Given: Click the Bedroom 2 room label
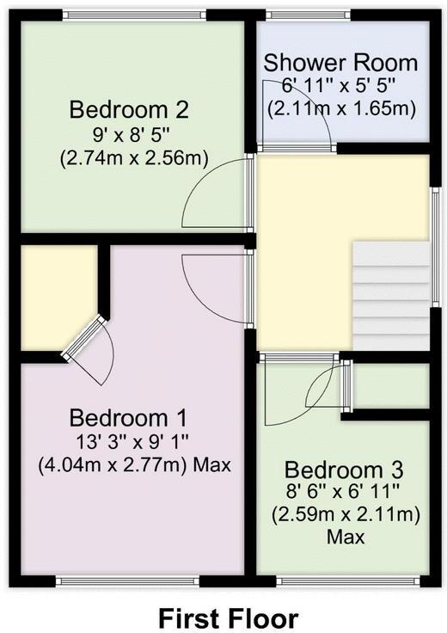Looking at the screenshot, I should coord(129,110).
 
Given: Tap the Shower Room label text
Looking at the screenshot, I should coord(340,63).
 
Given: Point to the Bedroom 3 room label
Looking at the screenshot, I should coord(344,470).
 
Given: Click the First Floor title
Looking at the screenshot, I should coord(228,617).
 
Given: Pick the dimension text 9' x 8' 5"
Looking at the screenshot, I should coord(129,135).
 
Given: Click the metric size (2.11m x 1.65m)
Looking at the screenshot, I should coord(341,109).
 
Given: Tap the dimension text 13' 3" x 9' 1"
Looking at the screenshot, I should coord(129,442).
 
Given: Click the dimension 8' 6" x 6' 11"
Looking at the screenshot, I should coord(344,494).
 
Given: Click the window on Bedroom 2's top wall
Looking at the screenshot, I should coord(136,15).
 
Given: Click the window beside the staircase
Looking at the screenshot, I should coord(435,249).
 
